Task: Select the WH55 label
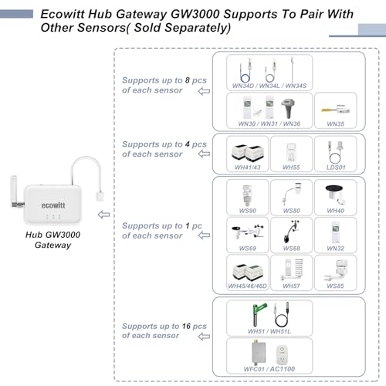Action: (292, 168)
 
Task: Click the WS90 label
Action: (247, 210)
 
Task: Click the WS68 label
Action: (292, 248)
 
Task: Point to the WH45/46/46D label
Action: (248, 286)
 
